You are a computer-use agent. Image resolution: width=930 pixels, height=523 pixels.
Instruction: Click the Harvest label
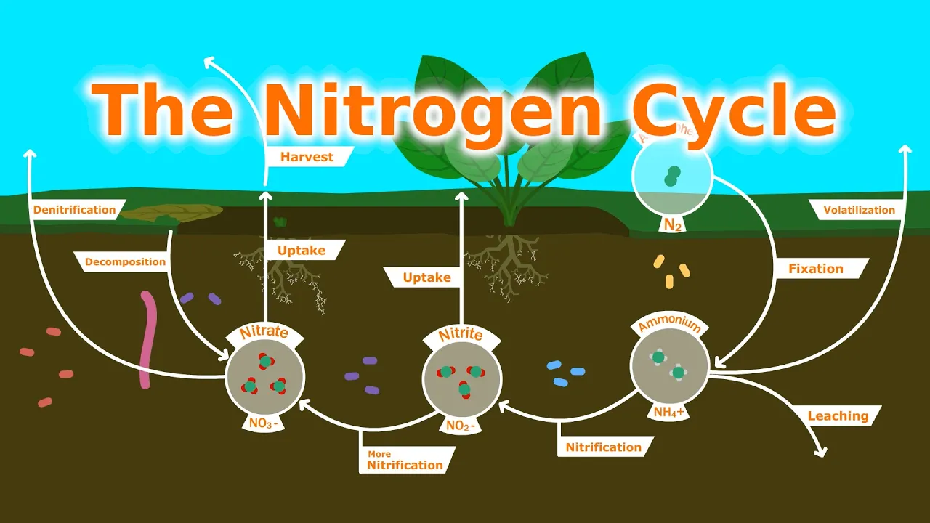307,156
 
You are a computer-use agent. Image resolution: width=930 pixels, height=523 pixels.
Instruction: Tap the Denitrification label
74,210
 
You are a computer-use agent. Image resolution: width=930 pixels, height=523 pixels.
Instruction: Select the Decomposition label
125,261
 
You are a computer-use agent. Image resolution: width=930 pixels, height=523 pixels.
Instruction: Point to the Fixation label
816,268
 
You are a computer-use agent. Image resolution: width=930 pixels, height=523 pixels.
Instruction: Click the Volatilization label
859,210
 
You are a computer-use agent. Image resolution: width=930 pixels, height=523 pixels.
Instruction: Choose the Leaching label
838,416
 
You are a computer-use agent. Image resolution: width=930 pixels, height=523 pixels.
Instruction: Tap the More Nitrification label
405,461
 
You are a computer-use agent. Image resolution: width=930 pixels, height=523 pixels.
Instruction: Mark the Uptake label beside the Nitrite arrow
427,277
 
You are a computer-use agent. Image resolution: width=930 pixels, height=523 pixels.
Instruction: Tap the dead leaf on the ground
172,213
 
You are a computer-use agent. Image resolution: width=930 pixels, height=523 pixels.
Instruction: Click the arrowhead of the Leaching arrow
822,453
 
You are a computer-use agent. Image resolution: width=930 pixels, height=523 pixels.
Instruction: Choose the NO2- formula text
461,426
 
